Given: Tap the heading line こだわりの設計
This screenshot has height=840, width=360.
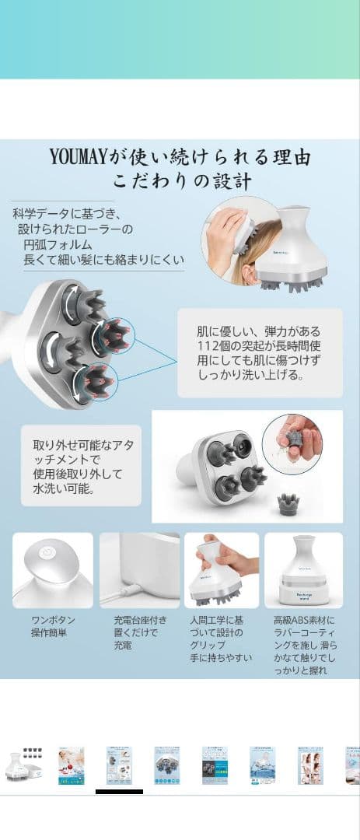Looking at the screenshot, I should coord(181,184).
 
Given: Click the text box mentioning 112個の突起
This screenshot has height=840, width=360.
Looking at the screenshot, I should coord(259,352).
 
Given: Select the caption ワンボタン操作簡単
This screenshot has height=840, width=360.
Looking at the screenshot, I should coord(53,626).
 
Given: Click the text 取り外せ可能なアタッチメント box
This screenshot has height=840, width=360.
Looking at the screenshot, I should coord(82,465).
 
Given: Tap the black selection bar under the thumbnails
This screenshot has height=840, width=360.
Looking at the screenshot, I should coord(119,792).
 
